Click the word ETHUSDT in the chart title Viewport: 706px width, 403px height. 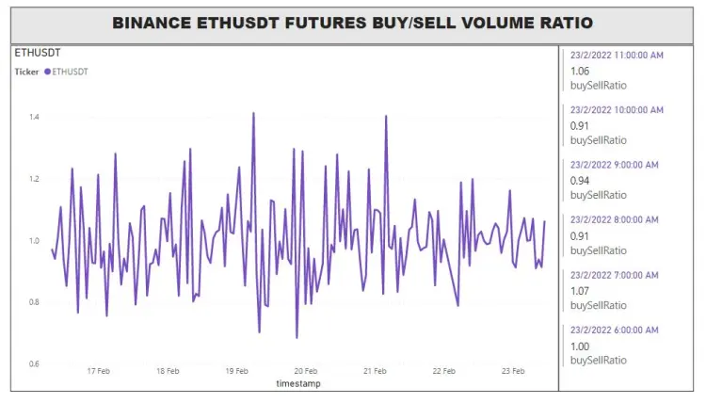(x=238, y=23)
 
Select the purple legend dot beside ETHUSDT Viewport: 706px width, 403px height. (x=47, y=72)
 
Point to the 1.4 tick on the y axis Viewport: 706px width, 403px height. (x=34, y=117)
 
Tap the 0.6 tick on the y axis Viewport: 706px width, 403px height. (x=34, y=363)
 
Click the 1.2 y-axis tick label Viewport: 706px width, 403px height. (x=34, y=179)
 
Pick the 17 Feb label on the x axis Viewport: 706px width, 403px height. (x=98, y=371)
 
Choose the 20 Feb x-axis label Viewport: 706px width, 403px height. (x=306, y=371)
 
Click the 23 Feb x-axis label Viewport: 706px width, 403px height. (x=513, y=371)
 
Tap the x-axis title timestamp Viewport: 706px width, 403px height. (x=298, y=383)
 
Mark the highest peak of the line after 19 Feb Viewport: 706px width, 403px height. (x=253, y=113)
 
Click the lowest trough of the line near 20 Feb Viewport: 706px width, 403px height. (x=297, y=338)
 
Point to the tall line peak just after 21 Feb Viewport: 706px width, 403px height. (x=386, y=116)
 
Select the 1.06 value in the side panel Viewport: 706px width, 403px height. (x=580, y=72)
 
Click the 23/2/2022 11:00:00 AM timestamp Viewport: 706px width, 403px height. (x=617, y=55)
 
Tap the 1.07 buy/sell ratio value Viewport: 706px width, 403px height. (x=580, y=291)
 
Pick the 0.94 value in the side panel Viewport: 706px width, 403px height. (x=580, y=181)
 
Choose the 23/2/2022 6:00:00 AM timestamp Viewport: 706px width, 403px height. (x=614, y=330)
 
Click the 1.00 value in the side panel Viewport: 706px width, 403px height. (x=580, y=347)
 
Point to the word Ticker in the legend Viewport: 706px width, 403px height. (x=26, y=72)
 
